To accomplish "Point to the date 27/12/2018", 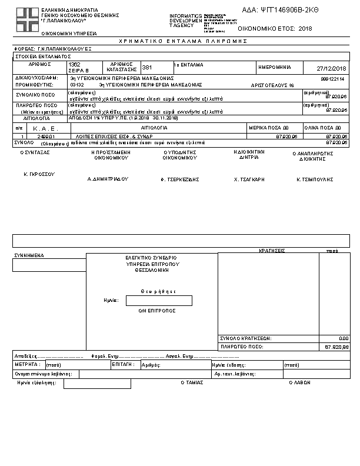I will point(332,68).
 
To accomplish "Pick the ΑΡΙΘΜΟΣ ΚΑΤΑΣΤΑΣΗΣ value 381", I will point(147,68).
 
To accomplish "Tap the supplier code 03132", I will point(76,85).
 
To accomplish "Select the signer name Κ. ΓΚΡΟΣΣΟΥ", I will point(39,175).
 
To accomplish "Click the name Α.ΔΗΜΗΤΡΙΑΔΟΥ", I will point(108,178).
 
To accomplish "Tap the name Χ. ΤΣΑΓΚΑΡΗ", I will point(249,178).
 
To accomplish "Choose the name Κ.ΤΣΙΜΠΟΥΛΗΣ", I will point(314,178).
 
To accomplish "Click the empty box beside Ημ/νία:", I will point(159,301).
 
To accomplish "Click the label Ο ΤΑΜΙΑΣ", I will point(192,382).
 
